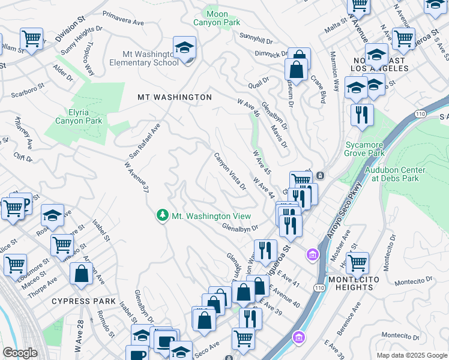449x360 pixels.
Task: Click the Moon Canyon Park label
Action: point(216,17)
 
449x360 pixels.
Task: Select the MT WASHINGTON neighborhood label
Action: point(174,97)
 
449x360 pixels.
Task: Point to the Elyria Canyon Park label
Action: point(79,116)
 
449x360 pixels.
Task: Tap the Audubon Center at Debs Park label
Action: point(395,173)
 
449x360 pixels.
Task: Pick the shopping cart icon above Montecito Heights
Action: point(357,262)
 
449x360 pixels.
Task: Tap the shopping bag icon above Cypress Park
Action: point(81,274)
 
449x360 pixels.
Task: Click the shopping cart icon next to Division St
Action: point(31,39)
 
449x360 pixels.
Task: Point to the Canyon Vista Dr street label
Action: point(231,171)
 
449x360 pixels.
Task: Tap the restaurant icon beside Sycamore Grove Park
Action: point(362,115)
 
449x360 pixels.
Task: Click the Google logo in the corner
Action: point(20,353)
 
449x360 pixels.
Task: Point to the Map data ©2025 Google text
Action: point(411,355)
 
